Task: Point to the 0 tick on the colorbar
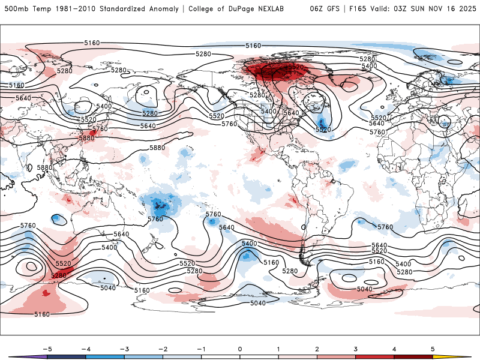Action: click(x=240, y=349)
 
